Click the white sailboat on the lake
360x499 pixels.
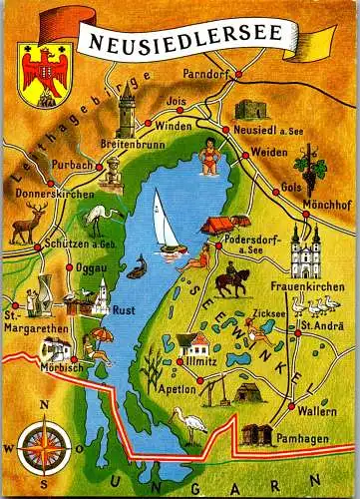166,222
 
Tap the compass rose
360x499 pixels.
43,440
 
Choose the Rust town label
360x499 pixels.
123,309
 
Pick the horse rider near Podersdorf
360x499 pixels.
231,282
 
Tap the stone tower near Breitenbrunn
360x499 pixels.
127,115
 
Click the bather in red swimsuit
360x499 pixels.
209,158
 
